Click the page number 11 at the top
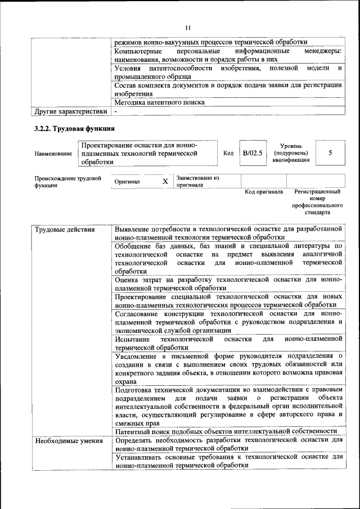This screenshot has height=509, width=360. pyautogui.click(x=188, y=27)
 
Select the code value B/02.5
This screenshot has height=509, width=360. pyautogui.click(x=252, y=153)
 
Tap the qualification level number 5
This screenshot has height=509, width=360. pyautogui.click(x=330, y=153)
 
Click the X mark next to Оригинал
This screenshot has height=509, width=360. pyautogui.click(x=165, y=182)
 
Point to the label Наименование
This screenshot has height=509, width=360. pyautogui.click(x=53, y=154)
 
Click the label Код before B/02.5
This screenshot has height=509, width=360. pyautogui.click(x=228, y=153)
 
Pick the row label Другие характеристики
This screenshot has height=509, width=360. pyautogui.click(x=71, y=111)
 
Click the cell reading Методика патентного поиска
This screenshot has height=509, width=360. pyautogui.click(x=159, y=103)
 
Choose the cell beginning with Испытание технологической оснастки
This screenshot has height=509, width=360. pyautogui.click(x=228, y=344)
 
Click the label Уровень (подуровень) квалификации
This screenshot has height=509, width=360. pyautogui.click(x=291, y=153)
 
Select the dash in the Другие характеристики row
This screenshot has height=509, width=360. pyautogui.click(x=115, y=111)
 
